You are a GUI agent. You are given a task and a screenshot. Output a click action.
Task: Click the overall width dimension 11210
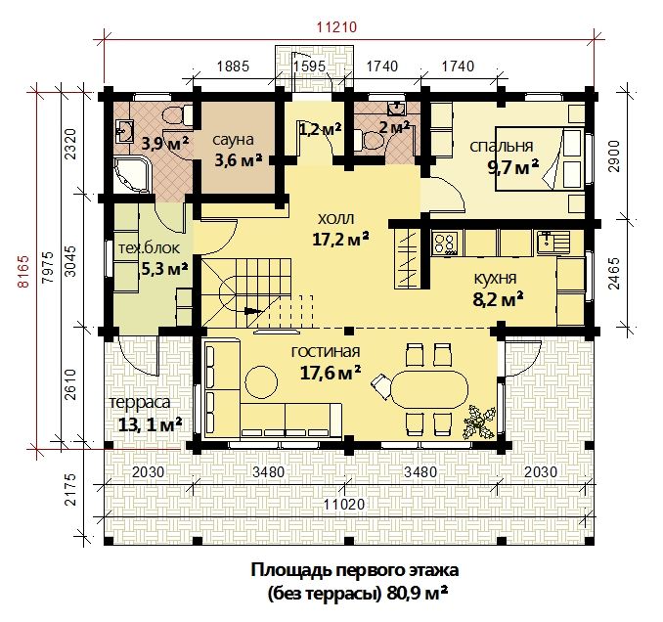[x=337, y=27]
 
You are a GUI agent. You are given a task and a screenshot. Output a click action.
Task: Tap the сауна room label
[x=233, y=140]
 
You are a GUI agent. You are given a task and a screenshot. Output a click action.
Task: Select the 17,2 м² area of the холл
[x=340, y=240]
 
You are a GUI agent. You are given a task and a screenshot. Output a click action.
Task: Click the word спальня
[x=502, y=147]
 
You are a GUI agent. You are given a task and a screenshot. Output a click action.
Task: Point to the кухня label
[x=495, y=279]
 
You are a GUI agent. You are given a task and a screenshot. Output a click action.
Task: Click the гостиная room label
[x=326, y=351]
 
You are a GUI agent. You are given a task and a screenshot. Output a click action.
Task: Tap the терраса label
[x=140, y=403]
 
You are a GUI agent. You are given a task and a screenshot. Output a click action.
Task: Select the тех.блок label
[x=149, y=248]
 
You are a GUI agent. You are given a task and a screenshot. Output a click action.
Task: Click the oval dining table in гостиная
[x=429, y=389]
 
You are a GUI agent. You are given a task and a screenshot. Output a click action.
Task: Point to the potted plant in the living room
[x=479, y=422]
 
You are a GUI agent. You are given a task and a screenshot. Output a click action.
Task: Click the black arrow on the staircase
[x=253, y=311]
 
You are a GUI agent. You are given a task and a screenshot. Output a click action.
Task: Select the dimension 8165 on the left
[x=23, y=271]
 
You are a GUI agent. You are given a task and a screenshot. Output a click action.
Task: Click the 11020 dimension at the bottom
[x=344, y=504]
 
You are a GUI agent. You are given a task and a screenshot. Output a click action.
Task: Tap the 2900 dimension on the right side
[x=615, y=156]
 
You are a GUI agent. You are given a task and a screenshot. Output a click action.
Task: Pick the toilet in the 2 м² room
[x=369, y=140]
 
